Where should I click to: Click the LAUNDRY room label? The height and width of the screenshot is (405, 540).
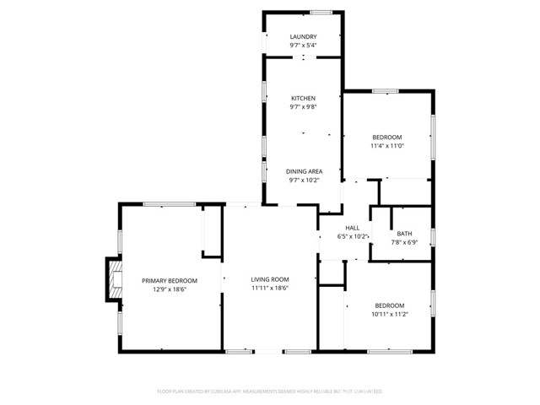click(303, 37)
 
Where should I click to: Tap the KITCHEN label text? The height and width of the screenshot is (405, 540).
click(303, 99)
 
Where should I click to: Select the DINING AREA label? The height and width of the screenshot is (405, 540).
click(303, 170)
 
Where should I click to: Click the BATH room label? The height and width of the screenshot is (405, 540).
click(405, 234)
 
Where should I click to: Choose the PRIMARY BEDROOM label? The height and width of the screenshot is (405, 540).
click(170, 281)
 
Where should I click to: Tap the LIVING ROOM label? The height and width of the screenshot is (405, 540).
click(270, 279)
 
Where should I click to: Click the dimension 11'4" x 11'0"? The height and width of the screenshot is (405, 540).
click(387, 146)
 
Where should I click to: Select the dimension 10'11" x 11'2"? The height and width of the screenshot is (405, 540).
click(390, 314)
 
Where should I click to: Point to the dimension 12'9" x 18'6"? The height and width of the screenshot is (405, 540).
click(170, 289)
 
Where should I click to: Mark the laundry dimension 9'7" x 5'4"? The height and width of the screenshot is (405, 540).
click(303, 46)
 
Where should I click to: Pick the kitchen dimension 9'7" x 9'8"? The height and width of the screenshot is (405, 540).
click(303, 107)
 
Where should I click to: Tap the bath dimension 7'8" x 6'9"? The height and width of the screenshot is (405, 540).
click(405, 242)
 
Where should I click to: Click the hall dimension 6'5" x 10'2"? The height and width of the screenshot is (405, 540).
click(353, 237)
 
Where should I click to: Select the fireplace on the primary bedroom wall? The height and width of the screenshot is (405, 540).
click(111, 279)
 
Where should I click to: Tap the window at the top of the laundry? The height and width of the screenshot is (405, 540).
click(321, 12)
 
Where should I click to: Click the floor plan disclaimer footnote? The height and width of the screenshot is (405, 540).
click(270, 391)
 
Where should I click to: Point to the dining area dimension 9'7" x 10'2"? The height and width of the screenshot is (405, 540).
click(303, 179)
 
